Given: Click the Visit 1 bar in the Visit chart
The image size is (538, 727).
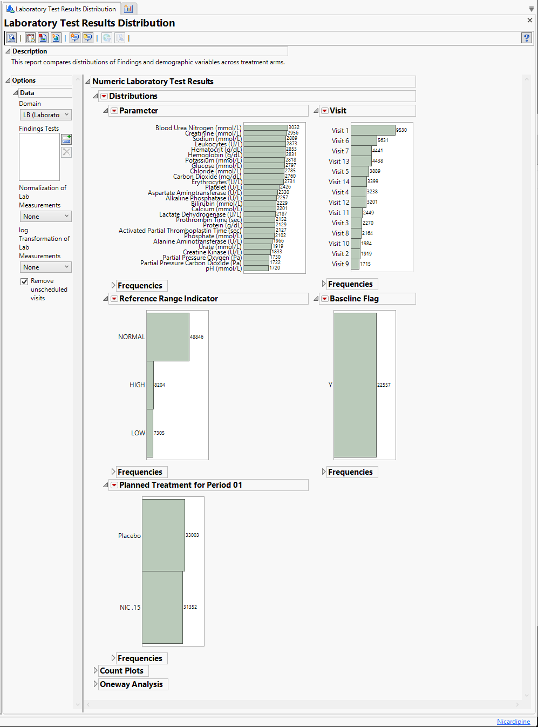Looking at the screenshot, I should (373, 130).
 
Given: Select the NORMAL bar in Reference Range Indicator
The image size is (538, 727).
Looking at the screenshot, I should (167, 337).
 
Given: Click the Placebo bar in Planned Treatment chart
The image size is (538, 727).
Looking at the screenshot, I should (163, 535).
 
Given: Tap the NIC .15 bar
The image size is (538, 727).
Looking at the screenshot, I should (162, 607).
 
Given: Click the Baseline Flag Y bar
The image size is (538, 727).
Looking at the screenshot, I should (355, 385).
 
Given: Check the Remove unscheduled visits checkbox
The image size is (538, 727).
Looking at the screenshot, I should (24, 281).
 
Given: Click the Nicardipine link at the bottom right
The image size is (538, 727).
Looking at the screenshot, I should (513, 722).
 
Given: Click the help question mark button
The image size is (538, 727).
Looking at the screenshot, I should (527, 38).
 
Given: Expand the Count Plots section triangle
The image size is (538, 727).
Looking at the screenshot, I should (96, 671).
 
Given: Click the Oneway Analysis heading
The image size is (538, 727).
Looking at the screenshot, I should (131, 684).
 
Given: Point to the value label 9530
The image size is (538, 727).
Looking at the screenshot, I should (401, 130).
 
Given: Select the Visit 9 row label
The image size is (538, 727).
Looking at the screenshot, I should (340, 264).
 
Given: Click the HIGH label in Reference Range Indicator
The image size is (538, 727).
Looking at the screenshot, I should (137, 385).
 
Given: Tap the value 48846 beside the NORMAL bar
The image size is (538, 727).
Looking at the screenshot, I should (196, 337).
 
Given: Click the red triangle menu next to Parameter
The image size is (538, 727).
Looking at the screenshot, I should (114, 111).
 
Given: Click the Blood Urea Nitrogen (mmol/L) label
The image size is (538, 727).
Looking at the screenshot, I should (198, 128).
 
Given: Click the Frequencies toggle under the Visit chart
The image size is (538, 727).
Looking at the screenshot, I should (350, 284).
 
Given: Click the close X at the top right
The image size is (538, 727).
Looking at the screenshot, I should (530, 21).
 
